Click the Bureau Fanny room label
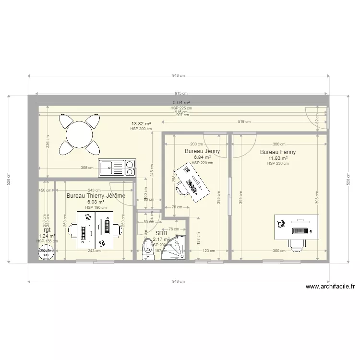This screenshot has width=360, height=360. [278, 152]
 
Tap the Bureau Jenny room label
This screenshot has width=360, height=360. [202, 151]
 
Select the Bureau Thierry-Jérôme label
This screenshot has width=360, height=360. [96, 196]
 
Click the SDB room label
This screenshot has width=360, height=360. [161, 233]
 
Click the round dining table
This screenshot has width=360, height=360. [80, 133]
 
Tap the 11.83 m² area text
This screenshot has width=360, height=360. [278, 158]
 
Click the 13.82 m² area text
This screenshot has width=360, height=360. [142, 124]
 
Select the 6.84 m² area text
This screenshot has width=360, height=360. [202, 157]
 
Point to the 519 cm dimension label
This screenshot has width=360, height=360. [244, 122]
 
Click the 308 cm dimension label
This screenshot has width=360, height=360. [87, 168]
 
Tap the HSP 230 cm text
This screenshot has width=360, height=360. [278, 164]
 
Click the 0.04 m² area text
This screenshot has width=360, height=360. [181, 103]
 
